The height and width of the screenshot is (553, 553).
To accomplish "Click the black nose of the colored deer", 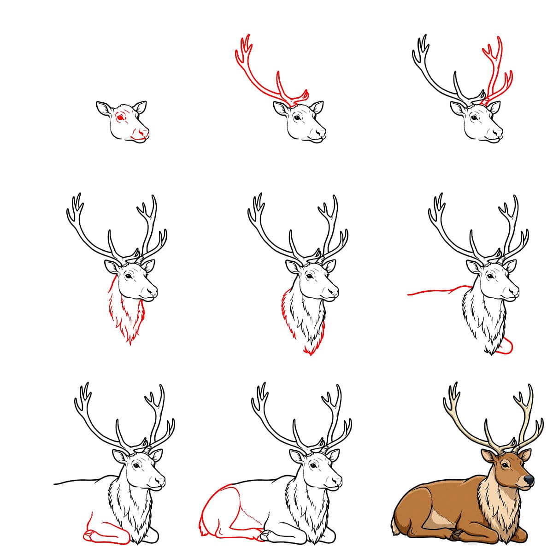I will pyautogui.click(x=529, y=480).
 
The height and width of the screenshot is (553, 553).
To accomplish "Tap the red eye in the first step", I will pyautogui.click(x=121, y=118).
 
